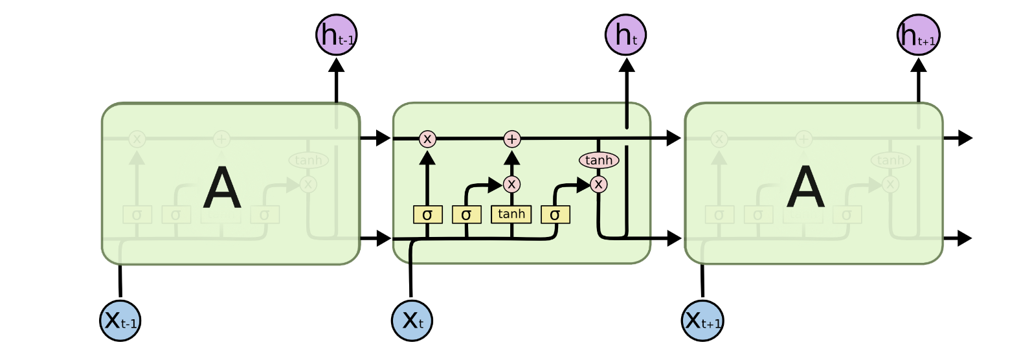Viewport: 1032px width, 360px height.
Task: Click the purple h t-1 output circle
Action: click(336, 34)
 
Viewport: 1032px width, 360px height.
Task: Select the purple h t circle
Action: click(625, 34)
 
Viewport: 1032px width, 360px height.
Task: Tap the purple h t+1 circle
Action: click(918, 34)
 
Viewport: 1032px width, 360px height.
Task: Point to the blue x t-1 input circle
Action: click(120, 320)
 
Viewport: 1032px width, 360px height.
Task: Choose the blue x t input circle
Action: click(412, 320)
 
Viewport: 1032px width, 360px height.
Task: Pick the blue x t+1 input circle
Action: click(702, 320)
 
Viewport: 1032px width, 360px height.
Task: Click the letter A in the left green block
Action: click(222, 188)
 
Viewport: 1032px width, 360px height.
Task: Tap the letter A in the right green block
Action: click(805, 188)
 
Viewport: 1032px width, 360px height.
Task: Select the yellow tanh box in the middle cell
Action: click(511, 214)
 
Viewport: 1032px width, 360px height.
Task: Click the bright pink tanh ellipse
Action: click(598, 160)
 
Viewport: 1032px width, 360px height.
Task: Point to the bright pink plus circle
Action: click(512, 139)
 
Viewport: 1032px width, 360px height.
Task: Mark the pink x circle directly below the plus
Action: click(511, 185)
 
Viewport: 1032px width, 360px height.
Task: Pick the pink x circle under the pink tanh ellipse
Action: click(599, 185)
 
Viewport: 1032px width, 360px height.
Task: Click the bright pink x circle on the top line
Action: click(427, 139)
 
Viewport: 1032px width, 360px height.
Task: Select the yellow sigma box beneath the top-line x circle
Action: click(427, 214)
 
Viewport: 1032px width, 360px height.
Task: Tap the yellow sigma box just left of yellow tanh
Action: click(466, 214)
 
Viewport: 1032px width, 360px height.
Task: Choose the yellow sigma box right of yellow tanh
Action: click(555, 214)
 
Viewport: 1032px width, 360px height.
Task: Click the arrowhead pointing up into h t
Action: click(626, 65)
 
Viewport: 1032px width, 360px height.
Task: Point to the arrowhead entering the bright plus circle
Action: click(512, 157)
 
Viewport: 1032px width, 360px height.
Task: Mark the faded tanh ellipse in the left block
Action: click(308, 160)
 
